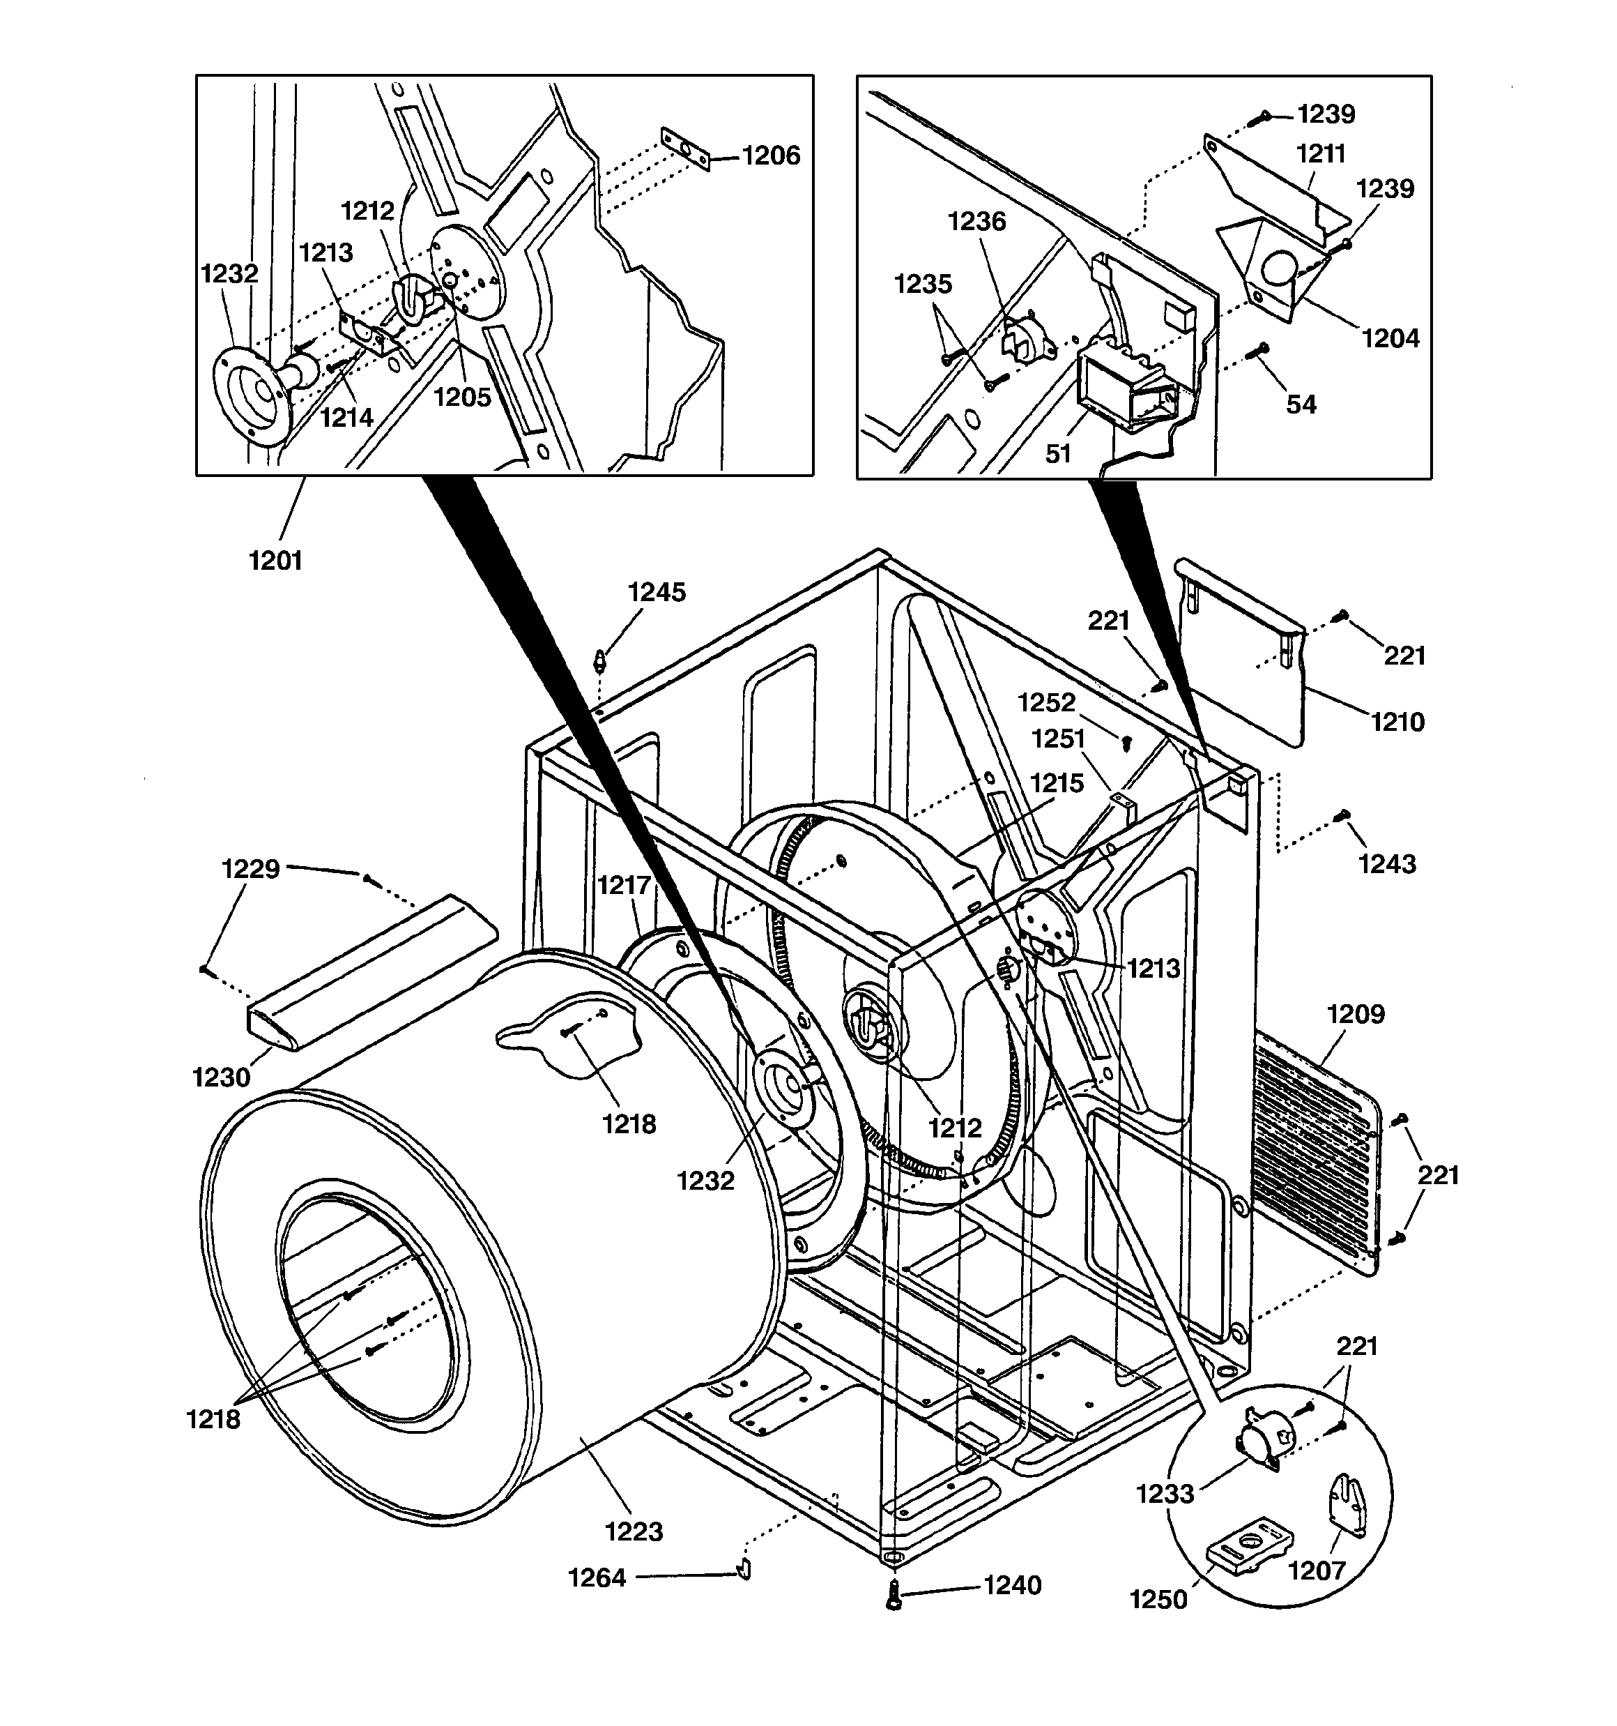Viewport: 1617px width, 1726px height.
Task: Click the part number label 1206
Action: (x=771, y=156)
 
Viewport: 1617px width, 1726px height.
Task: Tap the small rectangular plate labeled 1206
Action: (x=685, y=149)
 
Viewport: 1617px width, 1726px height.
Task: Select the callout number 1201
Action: (x=275, y=561)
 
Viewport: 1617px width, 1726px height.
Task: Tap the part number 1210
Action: (x=1397, y=722)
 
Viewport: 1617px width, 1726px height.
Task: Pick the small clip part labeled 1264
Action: (x=744, y=1569)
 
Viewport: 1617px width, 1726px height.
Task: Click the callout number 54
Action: (x=1300, y=404)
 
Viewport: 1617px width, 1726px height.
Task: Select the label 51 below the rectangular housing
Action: (x=1058, y=453)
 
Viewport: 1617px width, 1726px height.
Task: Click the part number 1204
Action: (x=1390, y=339)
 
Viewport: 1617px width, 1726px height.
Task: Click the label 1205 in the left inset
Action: (x=462, y=398)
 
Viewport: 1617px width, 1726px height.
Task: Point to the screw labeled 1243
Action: (x=1342, y=815)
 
